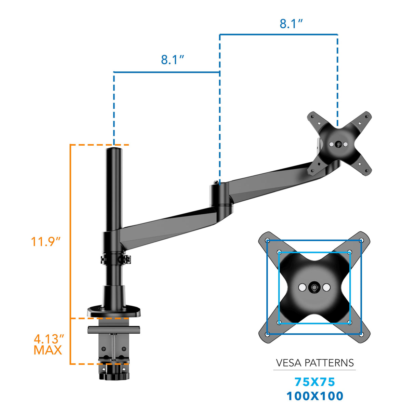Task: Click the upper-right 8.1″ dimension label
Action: pos(291,24)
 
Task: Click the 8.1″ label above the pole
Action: pos(172,59)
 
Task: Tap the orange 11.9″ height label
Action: pos(45,241)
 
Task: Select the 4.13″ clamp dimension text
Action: pos(49,339)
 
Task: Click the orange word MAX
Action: pos(48,350)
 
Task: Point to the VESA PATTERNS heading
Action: pos(314,363)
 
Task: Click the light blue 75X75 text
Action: pos(315,382)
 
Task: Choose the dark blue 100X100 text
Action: pos(315,396)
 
